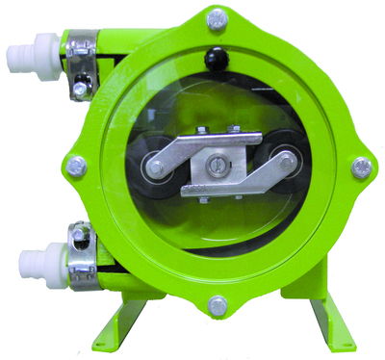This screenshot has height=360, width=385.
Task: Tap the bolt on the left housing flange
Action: click(77, 167)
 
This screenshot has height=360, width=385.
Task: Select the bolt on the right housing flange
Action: click(361, 167)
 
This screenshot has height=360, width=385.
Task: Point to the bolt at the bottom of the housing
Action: click(218, 307)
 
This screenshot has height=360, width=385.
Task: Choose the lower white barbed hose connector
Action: click(31, 258)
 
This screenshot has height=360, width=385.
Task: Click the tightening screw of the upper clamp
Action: click(77, 90)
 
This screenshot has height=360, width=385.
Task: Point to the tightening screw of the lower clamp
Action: click(77, 231)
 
